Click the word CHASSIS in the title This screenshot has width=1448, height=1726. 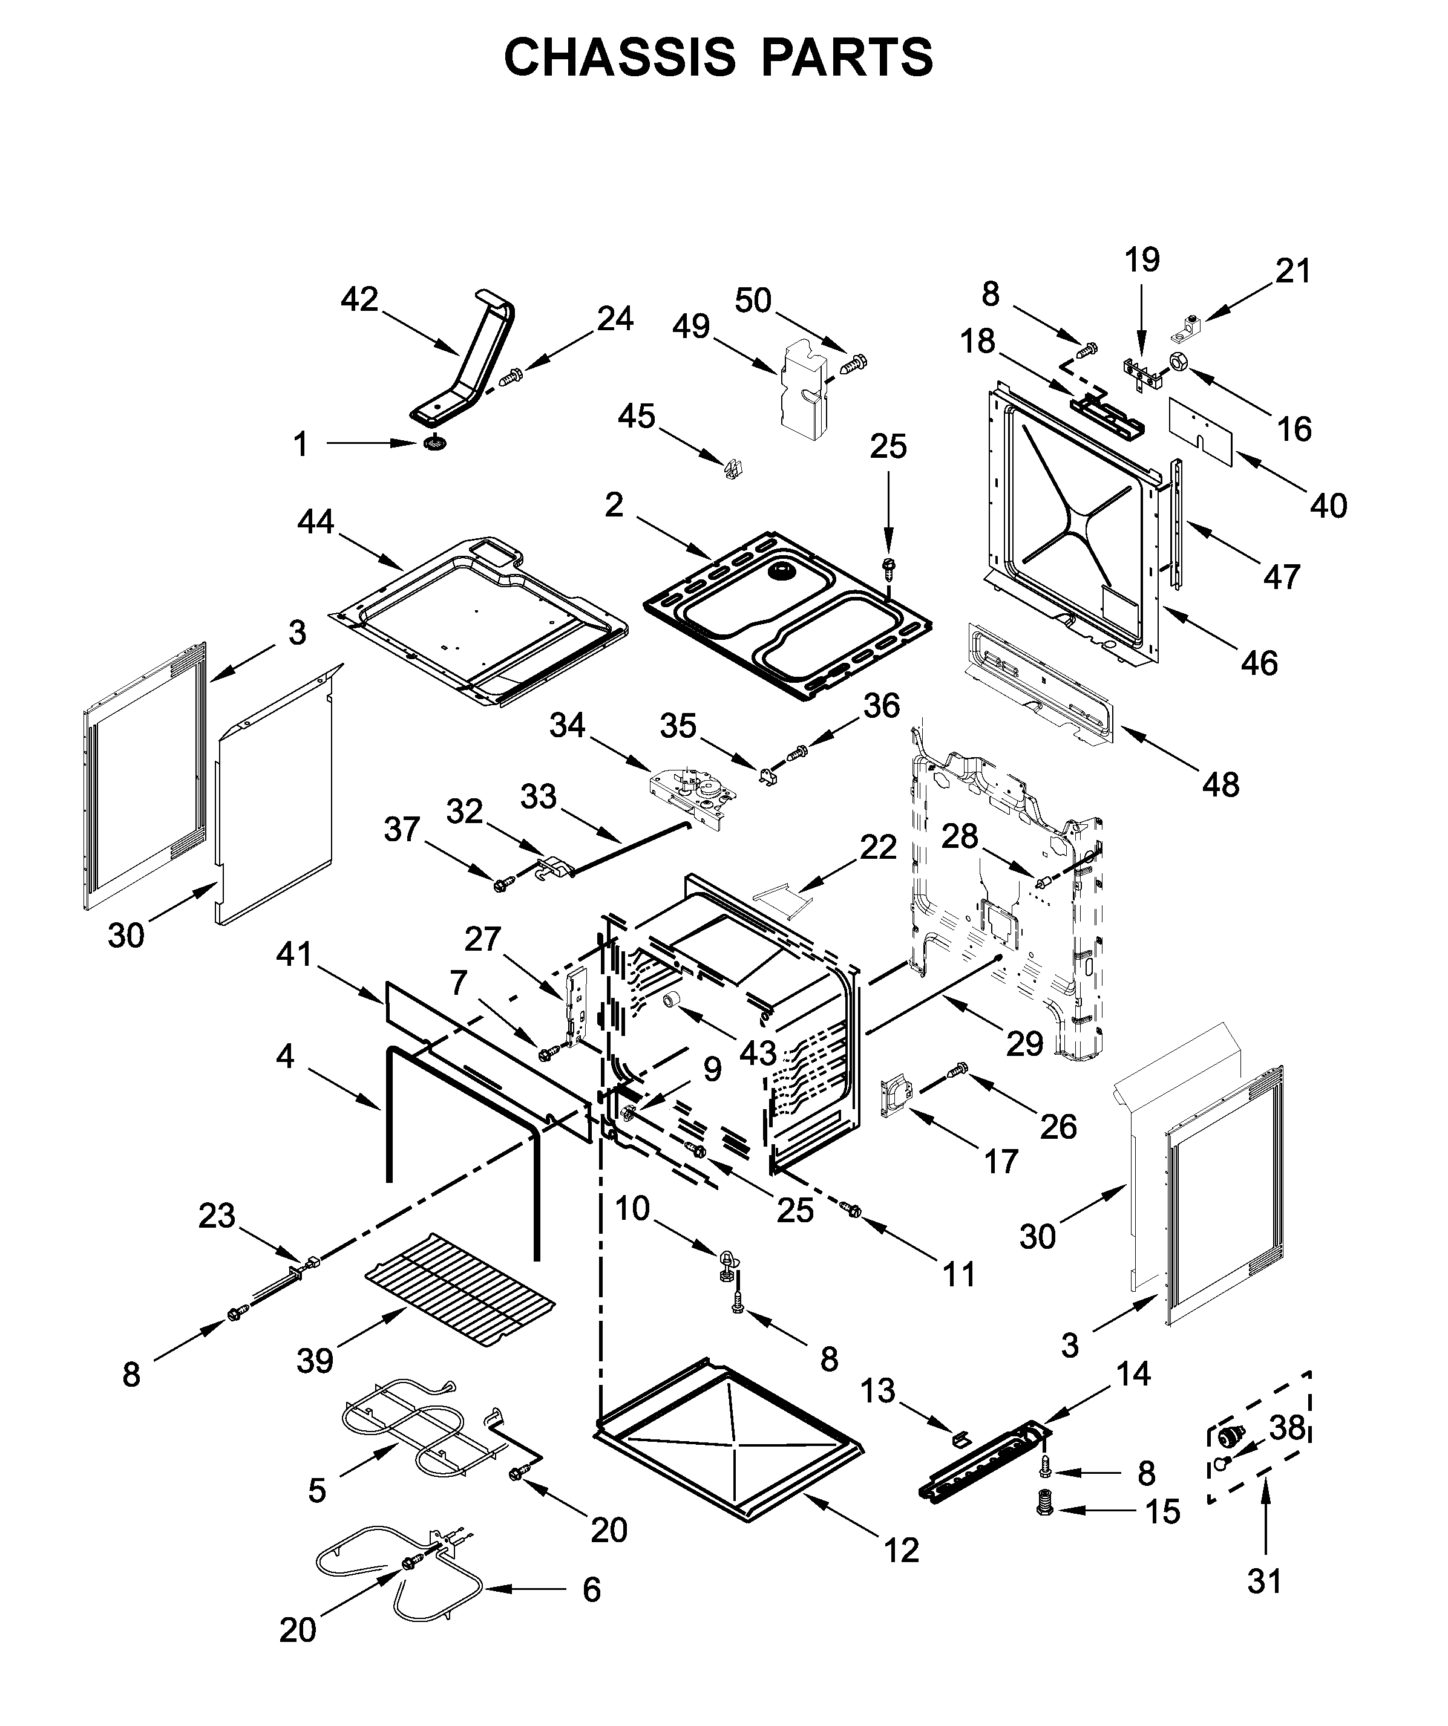coord(619,57)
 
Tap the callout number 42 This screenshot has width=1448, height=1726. coord(359,300)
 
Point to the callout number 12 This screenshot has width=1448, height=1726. coord(901,1550)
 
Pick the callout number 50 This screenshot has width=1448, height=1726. coord(752,301)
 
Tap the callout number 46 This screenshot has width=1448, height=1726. coord(1259,663)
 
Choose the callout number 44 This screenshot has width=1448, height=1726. coord(316,521)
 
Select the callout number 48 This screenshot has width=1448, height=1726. coord(1220,785)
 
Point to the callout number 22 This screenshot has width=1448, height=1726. coord(877,847)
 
